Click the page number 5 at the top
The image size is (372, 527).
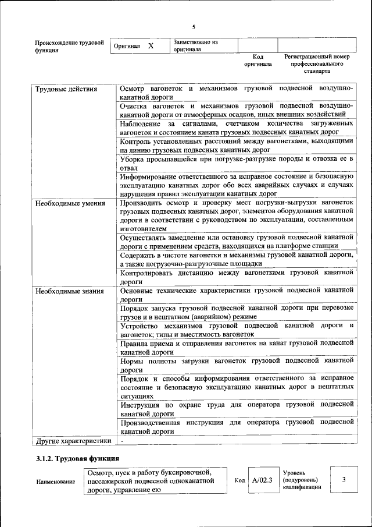194,27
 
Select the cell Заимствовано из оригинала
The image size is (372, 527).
195,45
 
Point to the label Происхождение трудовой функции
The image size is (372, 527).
69,46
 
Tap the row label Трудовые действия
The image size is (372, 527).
58,90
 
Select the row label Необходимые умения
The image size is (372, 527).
70,204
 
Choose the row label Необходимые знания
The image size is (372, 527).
69,291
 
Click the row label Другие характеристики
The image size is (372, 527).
73,441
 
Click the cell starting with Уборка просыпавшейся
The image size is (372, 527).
237,164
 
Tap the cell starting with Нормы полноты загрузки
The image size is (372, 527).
237,365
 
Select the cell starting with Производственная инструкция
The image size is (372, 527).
237,426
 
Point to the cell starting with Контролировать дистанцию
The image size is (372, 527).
237,276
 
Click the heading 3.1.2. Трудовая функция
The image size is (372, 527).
78,459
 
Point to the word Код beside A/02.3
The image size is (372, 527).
239,480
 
